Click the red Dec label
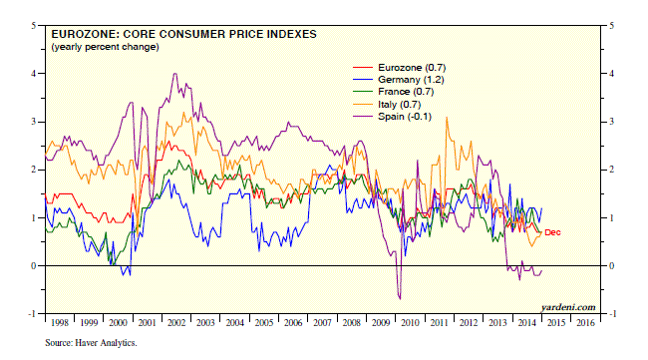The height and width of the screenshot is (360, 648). point(552,232)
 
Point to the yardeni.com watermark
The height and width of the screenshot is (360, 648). point(568,307)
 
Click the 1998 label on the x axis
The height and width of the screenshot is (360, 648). point(60,323)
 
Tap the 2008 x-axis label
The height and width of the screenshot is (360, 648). point(351,323)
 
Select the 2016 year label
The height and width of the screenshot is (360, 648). point(585,323)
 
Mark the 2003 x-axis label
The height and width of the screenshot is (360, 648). point(205,323)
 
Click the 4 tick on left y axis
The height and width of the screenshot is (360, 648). point(34,74)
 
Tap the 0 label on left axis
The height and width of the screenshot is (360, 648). point(34,266)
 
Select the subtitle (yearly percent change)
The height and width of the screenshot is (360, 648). point(105,47)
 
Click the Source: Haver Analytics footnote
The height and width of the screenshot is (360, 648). point(91,343)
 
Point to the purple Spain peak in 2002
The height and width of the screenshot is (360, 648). point(175,74)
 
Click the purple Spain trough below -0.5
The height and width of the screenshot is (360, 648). point(400,298)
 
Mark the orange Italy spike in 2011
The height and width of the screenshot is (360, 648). point(447,118)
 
